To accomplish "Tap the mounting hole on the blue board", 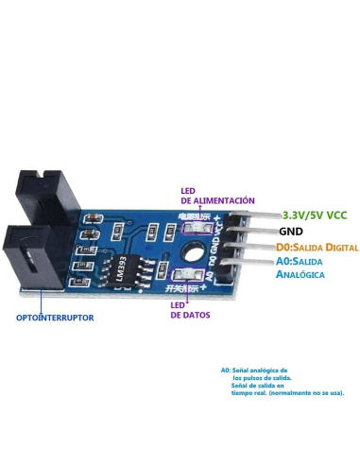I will click(x=192, y=252).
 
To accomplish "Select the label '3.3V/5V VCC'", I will click(x=315, y=215).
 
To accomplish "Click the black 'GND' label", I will click(x=290, y=231).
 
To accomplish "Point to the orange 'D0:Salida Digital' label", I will click(x=317, y=246).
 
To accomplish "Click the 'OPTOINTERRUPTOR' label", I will click(x=55, y=318).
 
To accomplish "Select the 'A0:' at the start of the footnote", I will click(x=226, y=370).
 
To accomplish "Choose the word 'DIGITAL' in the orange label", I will click(x=339, y=246).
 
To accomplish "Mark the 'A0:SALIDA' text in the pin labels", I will click(x=299, y=261).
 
